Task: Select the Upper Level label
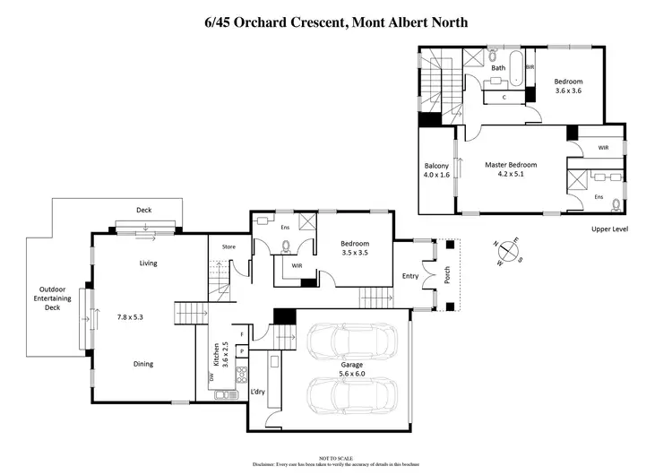click(x=609, y=229)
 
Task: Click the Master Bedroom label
click(x=511, y=165)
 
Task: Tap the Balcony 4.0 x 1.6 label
click(x=436, y=170)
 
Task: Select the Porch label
click(x=447, y=276)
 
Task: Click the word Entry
click(x=410, y=276)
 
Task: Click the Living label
click(x=148, y=263)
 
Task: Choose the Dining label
click(x=142, y=364)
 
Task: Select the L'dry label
click(x=257, y=392)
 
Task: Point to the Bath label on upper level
click(x=498, y=68)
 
